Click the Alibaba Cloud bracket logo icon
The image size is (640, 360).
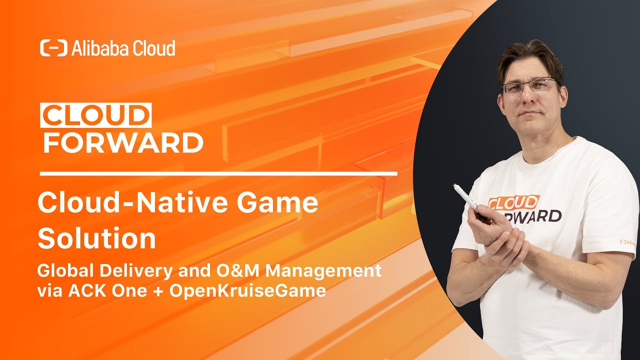53,48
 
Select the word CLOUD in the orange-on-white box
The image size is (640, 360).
96,116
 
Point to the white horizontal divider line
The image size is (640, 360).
218,174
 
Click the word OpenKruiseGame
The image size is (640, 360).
248,291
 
